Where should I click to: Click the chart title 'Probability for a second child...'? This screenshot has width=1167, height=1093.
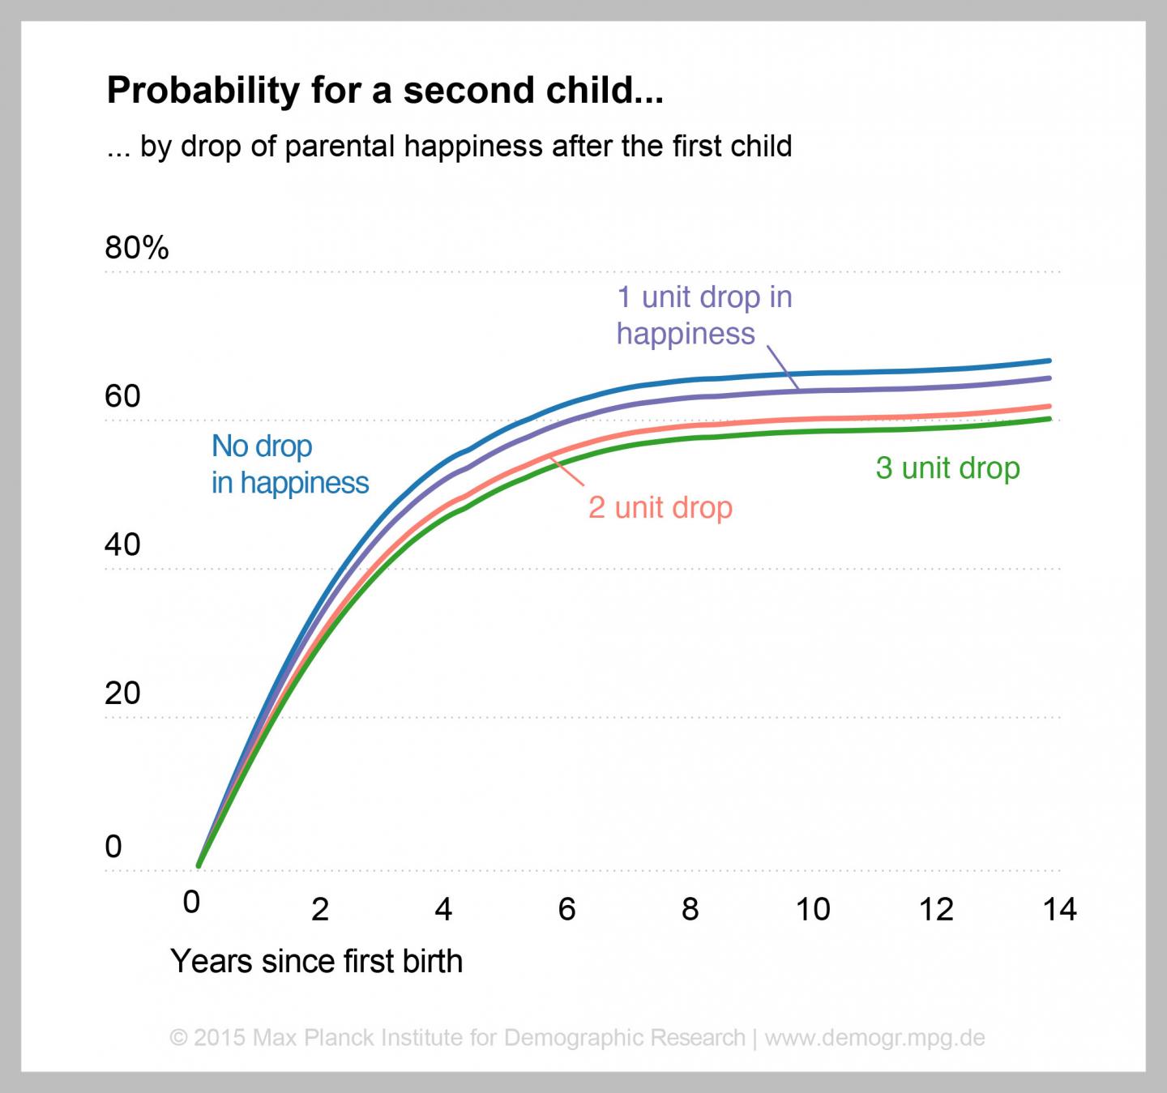pyautogui.click(x=385, y=91)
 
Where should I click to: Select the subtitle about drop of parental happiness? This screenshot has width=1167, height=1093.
pyautogui.click(x=449, y=147)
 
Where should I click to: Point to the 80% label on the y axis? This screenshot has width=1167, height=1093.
pyautogui.click(x=136, y=248)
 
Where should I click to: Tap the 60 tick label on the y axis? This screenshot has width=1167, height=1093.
pyautogui.click(x=122, y=396)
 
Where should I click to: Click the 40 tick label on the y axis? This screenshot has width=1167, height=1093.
pyautogui.click(x=122, y=544)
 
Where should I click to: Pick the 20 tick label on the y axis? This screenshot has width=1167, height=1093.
pyautogui.click(x=122, y=693)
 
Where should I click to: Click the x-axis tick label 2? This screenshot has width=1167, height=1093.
pyautogui.click(x=320, y=909)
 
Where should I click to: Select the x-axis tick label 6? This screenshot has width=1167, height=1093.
pyautogui.click(x=566, y=909)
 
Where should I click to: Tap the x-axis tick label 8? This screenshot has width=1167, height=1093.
pyautogui.click(x=690, y=909)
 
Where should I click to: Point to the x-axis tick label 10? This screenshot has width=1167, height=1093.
pyautogui.click(x=812, y=909)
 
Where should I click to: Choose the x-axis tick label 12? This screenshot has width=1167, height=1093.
pyautogui.click(x=936, y=909)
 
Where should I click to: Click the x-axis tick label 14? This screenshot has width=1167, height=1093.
pyautogui.click(x=1059, y=909)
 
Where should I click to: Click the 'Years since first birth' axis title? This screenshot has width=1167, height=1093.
pyautogui.click(x=316, y=962)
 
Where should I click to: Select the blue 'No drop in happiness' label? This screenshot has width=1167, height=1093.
pyautogui.click(x=289, y=464)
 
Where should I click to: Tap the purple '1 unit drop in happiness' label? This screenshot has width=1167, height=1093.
pyautogui.click(x=703, y=315)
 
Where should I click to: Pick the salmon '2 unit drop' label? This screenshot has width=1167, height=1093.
pyautogui.click(x=660, y=508)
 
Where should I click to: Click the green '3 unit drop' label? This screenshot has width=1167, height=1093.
pyautogui.click(x=947, y=468)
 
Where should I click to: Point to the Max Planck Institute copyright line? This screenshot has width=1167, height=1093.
pyautogui.click(x=576, y=1037)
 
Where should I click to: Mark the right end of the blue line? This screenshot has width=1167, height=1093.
pyautogui.click(x=1050, y=361)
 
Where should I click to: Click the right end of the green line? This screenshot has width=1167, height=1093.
pyautogui.click(x=1050, y=419)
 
